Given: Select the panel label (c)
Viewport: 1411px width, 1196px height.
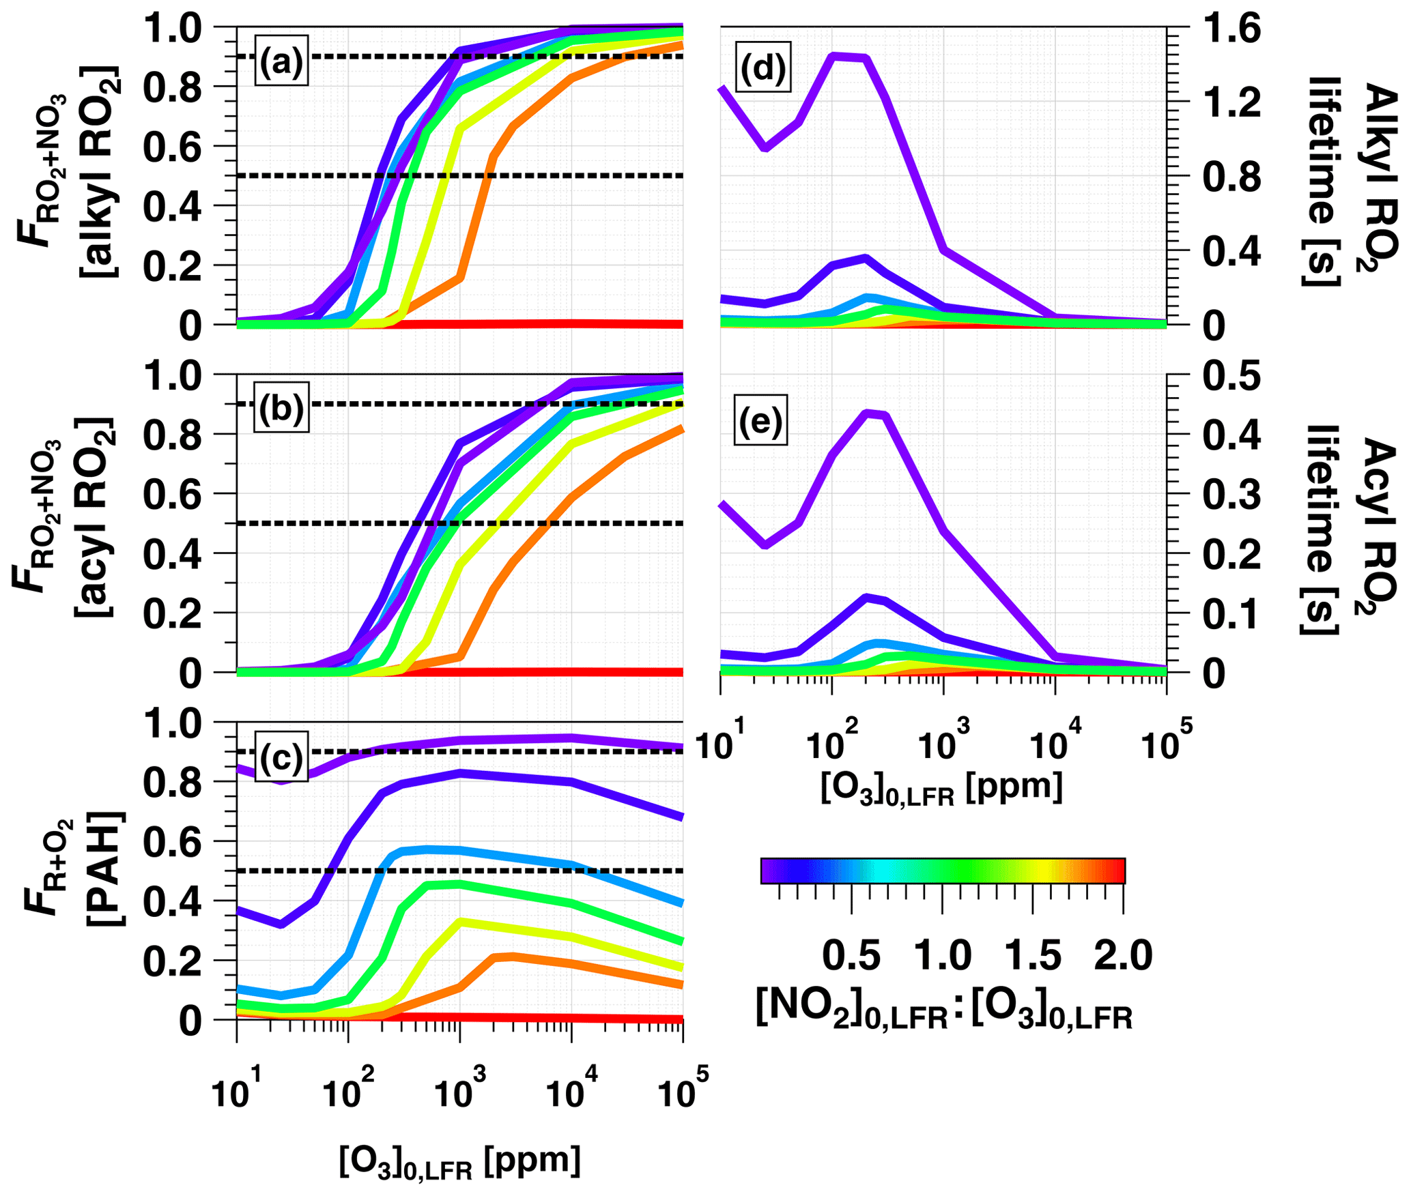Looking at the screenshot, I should click(281, 757).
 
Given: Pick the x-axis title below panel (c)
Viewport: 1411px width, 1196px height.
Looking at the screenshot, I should click(459, 1162).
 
